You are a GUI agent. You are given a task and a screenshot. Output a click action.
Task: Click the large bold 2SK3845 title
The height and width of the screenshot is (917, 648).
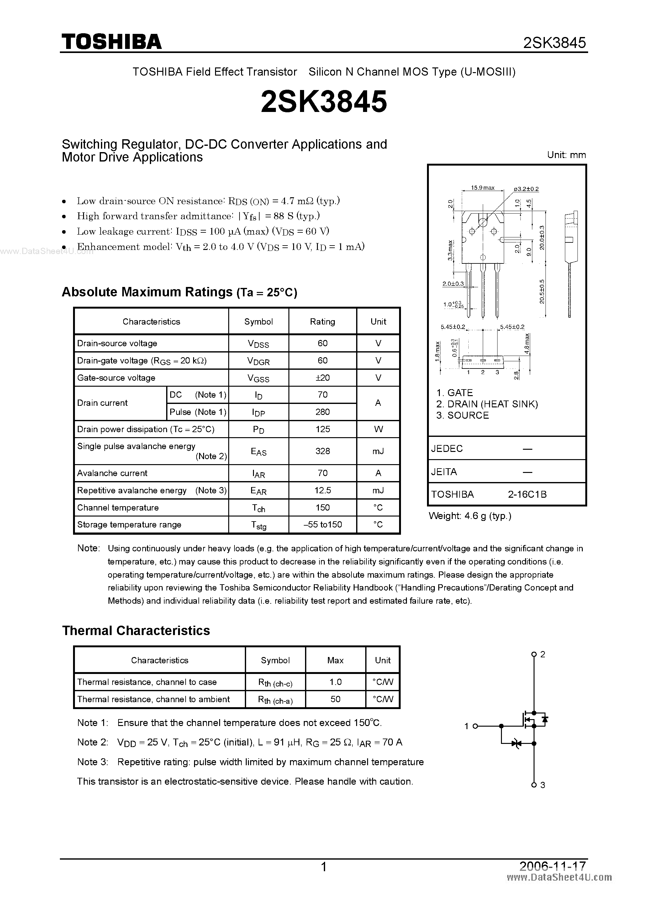pyautogui.click(x=324, y=101)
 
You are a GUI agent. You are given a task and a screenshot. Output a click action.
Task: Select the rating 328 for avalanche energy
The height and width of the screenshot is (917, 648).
pyautogui.click(x=322, y=451)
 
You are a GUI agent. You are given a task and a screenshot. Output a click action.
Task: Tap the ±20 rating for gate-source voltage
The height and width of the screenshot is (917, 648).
pyautogui.click(x=322, y=377)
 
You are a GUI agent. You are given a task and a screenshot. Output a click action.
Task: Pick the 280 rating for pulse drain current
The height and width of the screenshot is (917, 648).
pyautogui.click(x=322, y=412)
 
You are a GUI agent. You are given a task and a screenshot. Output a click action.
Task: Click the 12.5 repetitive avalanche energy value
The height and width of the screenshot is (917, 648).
pyautogui.click(x=322, y=490)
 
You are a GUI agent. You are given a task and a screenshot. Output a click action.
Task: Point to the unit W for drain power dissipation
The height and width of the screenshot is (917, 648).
pyautogui.click(x=378, y=429)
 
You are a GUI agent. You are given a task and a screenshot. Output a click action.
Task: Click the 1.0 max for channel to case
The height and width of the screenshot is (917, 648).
pyautogui.click(x=335, y=682)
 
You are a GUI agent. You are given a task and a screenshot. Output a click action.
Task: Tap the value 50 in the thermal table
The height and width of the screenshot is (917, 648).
pyautogui.click(x=335, y=699)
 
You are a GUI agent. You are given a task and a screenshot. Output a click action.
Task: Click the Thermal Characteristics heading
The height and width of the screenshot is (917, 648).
pyautogui.click(x=136, y=630)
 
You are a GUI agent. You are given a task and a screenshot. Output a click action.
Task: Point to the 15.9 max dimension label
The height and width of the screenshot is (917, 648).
pyautogui.click(x=482, y=188)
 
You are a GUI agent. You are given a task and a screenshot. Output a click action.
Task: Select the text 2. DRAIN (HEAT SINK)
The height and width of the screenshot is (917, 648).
pyautogui.click(x=487, y=404)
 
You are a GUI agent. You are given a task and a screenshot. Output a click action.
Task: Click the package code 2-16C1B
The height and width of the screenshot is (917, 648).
pyautogui.click(x=527, y=495)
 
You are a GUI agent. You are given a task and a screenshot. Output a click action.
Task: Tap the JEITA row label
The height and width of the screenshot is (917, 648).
pyautogui.click(x=444, y=472)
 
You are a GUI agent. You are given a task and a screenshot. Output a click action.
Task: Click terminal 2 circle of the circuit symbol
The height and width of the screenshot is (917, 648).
pyautogui.click(x=534, y=654)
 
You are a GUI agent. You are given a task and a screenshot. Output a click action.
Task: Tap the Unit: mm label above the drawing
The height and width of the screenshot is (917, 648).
pyautogui.click(x=566, y=155)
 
